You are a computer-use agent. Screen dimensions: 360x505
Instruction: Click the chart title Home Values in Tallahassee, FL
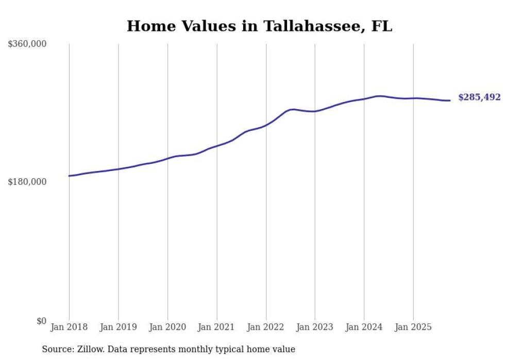[x=259, y=26]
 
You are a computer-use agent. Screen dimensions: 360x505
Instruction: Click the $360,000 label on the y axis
[x=27, y=44]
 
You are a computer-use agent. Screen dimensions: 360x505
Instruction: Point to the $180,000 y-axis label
[x=27, y=182]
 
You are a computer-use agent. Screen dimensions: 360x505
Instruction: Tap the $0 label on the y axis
[x=41, y=321]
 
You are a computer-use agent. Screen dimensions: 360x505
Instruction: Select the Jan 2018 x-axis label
[x=69, y=327]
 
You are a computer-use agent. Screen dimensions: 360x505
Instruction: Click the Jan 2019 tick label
[x=119, y=327]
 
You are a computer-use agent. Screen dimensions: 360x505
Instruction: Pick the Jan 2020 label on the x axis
[x=167, y=327]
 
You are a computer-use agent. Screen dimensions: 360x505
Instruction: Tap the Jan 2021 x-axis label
[x=217, y=327]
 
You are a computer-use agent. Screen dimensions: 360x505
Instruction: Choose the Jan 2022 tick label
[x=266, y=327]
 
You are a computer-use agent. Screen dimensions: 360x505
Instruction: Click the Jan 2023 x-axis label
[x=315, y=327]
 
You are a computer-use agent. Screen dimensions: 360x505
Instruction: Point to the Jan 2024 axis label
[x=364, y=327]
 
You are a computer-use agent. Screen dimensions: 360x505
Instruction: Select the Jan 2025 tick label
[x=413, y=327]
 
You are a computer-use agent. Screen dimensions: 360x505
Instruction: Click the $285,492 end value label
[x=479, y=97]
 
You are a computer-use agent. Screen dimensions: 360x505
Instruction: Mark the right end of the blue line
[x=450, y=100]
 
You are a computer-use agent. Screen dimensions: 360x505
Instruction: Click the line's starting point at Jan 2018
[x=69, y=176]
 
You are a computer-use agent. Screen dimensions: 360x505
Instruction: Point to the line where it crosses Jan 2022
[x=266, y=125]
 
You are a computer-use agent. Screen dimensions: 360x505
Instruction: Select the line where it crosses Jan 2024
[x=364, y=99]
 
